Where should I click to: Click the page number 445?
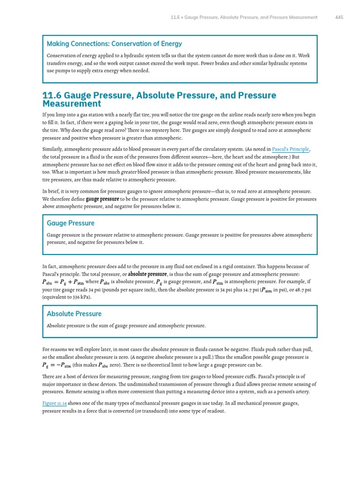(339, 17)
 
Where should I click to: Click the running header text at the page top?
(244, 17)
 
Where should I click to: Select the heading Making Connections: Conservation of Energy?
(114, 44)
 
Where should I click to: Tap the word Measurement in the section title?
(71, 104)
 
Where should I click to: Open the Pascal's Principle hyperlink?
(291, 149)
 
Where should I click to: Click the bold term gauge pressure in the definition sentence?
(102, 199)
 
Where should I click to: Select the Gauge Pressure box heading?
(70, 223)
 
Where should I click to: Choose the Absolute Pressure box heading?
(74, 314)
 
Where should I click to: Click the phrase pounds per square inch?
(125, 289)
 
